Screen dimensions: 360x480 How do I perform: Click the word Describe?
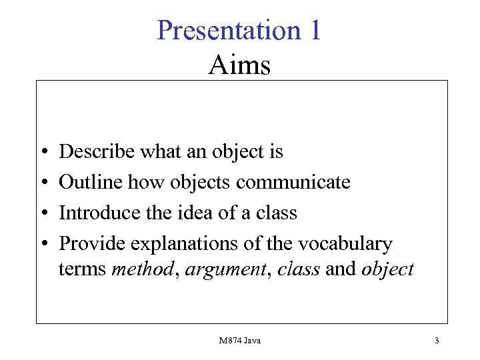(x=97, y=152)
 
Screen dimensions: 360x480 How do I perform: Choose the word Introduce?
(x=99, y=213)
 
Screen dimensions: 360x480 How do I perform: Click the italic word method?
(x=142, y=269)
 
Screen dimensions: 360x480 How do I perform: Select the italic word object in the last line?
(x=387, y=269)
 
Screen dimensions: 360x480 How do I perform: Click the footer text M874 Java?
(x=239, y=341)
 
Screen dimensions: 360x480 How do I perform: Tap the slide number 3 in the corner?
(x=437, y=341)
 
